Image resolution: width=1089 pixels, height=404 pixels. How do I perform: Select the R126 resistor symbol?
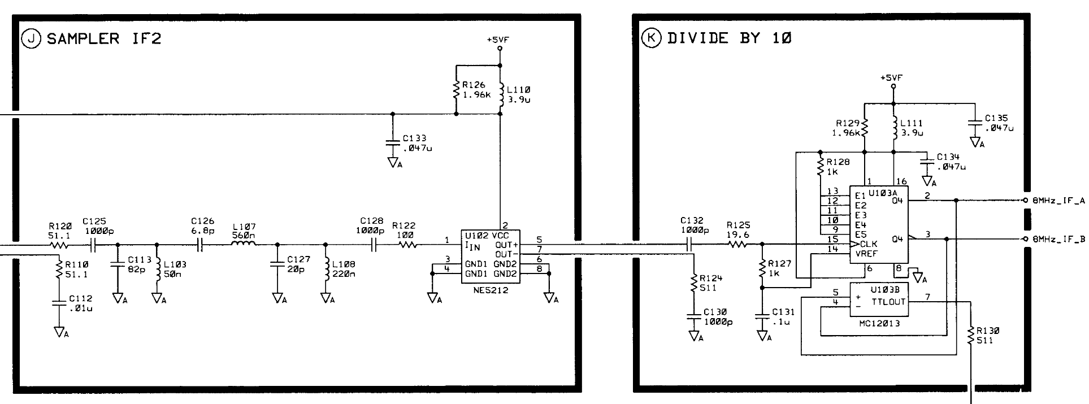point(455,90)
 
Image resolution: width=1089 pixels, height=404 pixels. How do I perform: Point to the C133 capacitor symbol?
point(393,141)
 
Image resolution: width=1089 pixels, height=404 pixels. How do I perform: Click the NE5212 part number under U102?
point(492,290)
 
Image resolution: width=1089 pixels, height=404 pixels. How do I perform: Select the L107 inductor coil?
point(244,245)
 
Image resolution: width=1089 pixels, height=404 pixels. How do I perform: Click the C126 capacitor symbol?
point(199,245)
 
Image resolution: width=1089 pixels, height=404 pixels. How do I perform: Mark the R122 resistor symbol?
point(407,245)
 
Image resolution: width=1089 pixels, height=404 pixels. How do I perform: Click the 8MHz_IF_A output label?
point(1058,201)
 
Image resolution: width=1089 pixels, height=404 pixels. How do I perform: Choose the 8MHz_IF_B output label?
point(1058,239)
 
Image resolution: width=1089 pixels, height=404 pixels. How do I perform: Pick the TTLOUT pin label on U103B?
point(888,302)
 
